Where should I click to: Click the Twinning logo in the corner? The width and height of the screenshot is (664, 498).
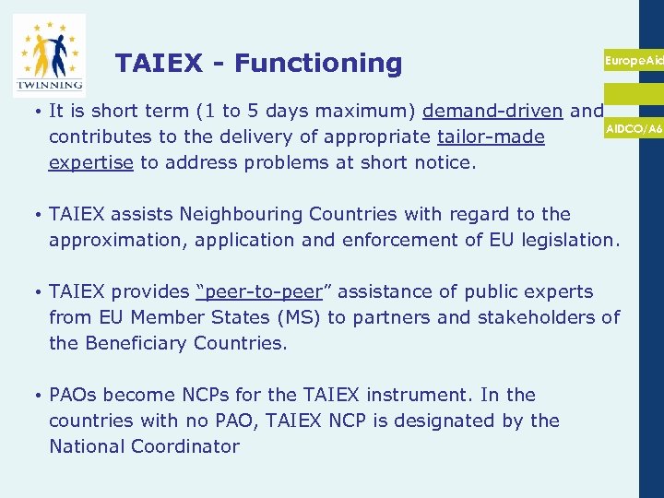49,54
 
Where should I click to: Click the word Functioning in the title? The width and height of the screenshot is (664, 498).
318,63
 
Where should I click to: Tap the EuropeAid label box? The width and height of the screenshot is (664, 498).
634,60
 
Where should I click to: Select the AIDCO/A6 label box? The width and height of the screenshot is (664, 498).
634,129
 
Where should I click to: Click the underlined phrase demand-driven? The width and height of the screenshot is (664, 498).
492,112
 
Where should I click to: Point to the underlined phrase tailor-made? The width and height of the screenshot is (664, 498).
491,137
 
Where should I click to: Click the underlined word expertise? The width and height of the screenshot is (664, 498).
91,163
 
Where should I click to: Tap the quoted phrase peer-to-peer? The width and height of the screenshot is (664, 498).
259,291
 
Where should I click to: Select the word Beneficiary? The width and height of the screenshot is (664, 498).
136,343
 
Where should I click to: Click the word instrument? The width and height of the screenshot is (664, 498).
415,395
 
